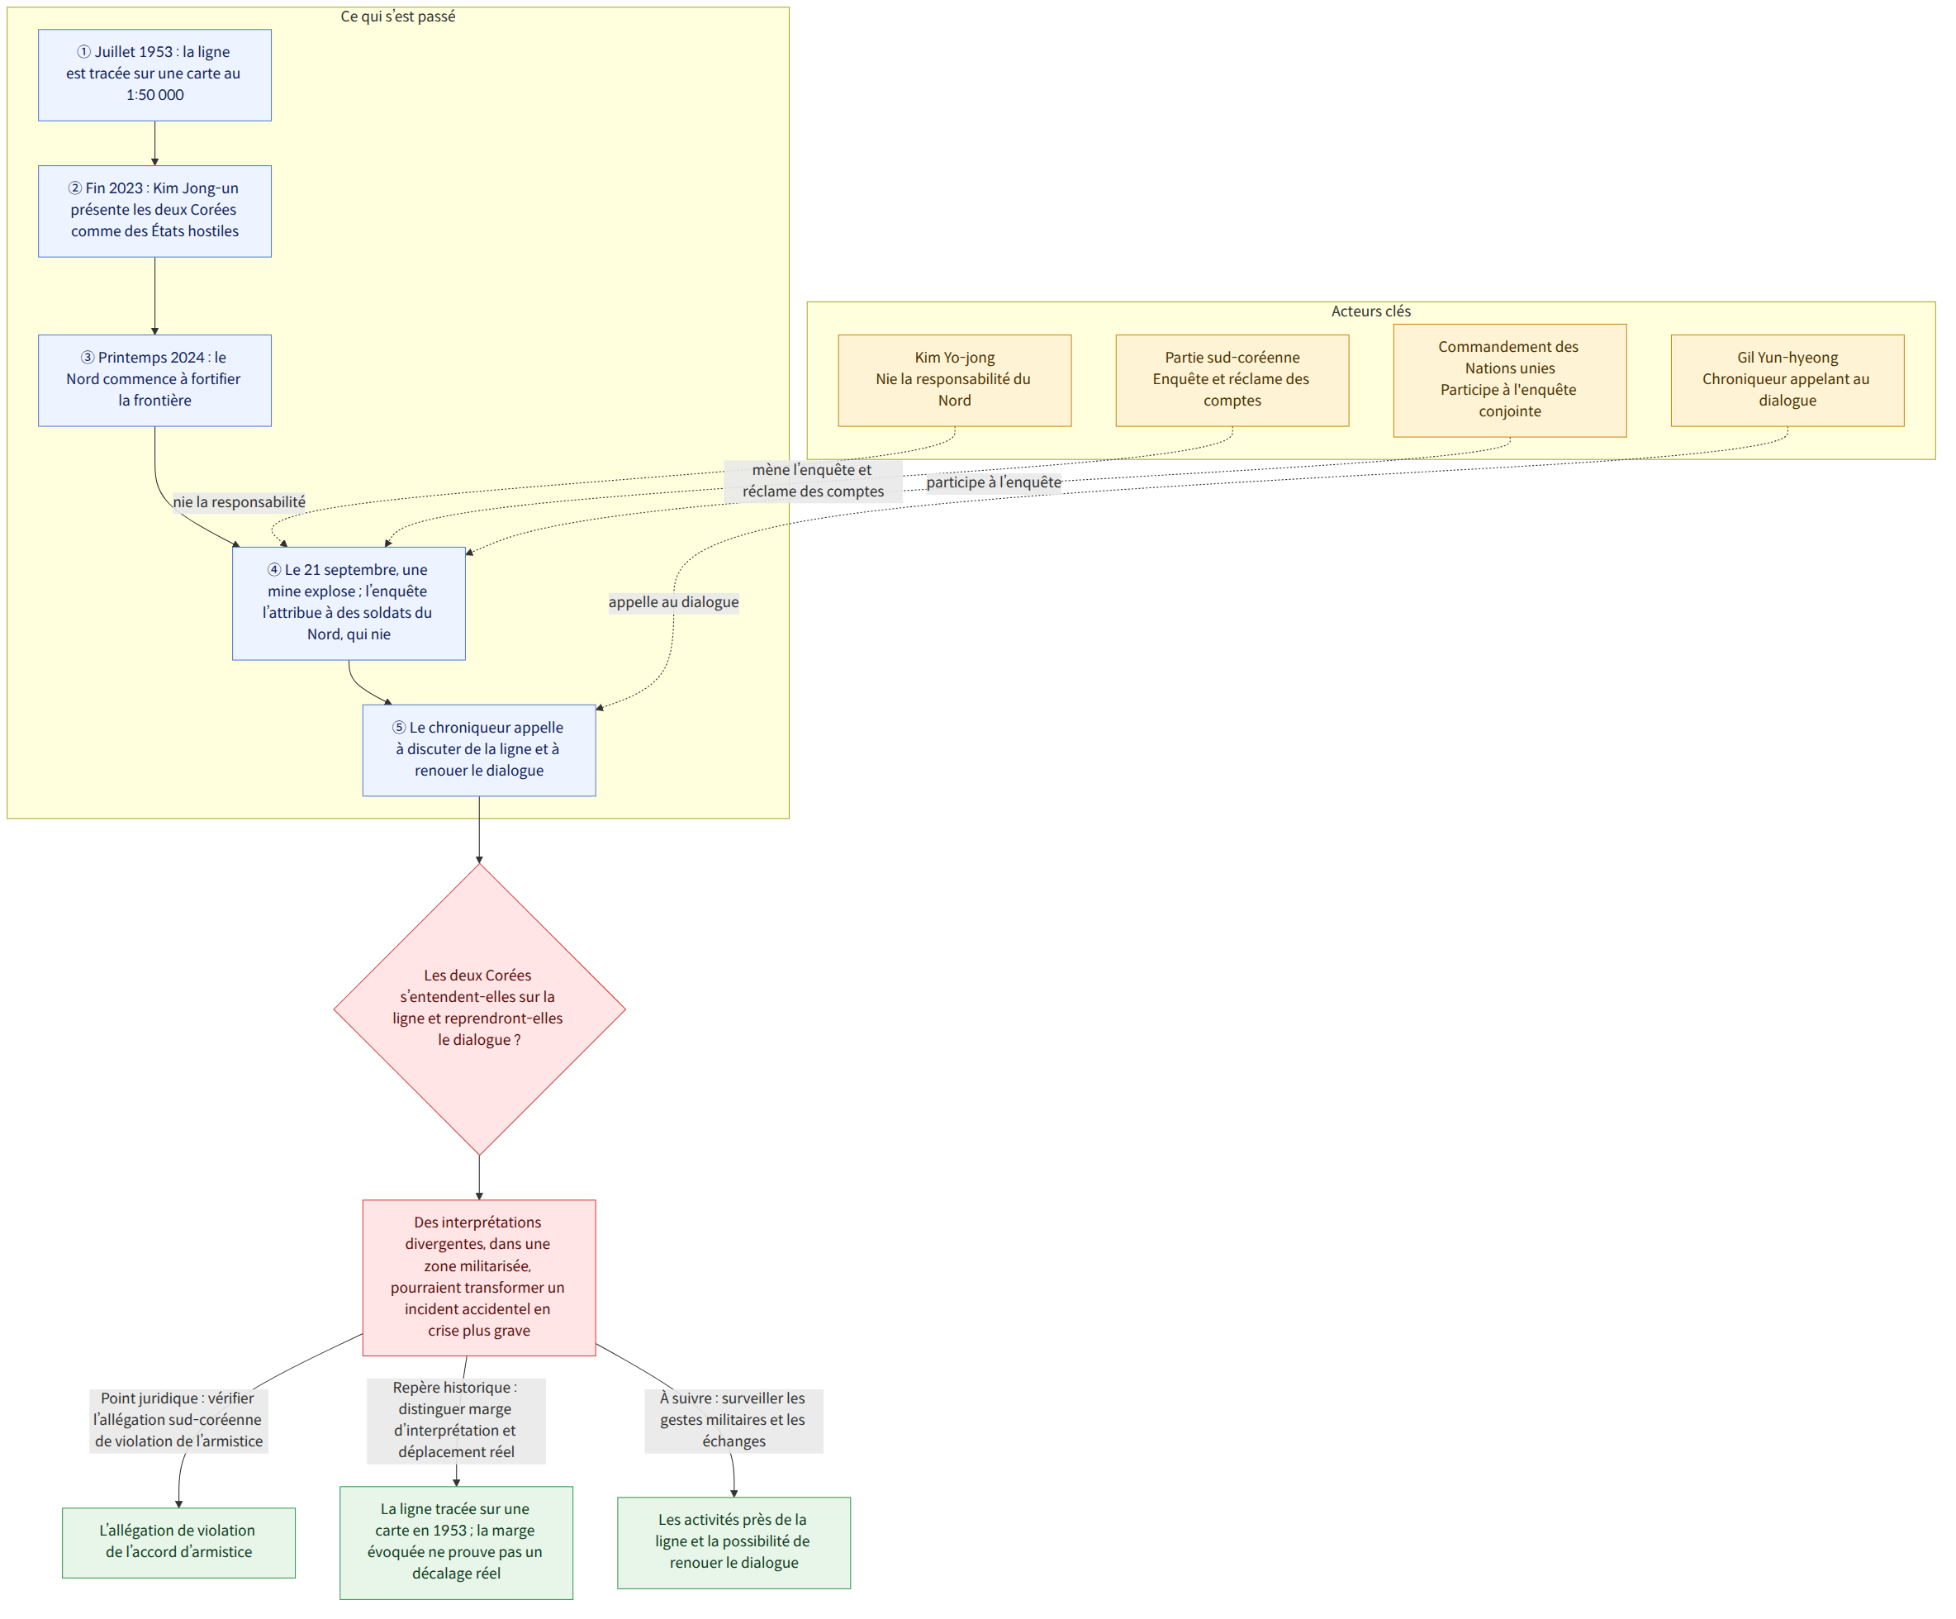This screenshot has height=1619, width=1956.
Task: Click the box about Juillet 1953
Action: click(x=154, y=74)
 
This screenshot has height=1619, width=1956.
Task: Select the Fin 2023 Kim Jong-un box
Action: click(x=154, y=211)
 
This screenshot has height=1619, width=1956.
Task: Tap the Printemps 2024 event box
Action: click(x=154, y=380)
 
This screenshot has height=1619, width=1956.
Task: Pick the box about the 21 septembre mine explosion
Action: click(x=349, y=603)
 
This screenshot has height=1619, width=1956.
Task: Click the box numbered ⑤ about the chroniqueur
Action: click(x=479, y=750)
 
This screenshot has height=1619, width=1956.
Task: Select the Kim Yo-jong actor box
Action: click(x=955, y=380)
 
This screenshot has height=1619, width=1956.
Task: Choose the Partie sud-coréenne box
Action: click(x=1232, y=380)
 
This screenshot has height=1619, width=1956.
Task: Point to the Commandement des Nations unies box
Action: click(x=1510, y=380)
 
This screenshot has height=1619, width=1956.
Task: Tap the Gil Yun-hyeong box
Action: click(x=1787, y=380)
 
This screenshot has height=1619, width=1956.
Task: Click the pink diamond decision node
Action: click(x=479, y=1009)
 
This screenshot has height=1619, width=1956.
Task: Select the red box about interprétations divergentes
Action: click(x=479, y=1277)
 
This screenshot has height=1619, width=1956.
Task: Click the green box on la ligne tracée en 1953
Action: click(x=457, y=1543)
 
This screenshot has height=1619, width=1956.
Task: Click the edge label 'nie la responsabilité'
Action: click(x=240, y=502)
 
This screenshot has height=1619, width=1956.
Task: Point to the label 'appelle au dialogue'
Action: click(x=673, y=602)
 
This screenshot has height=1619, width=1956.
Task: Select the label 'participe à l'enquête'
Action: click(x=994, y=482)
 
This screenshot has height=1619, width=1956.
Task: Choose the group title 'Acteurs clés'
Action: click(x=1371, y=311)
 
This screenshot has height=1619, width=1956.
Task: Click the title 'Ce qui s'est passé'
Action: click(x=397, y=17)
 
